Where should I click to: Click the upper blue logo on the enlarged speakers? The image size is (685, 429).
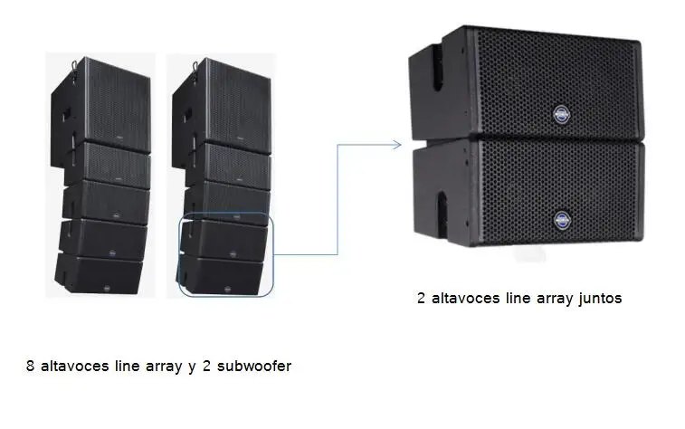(x=558, y=115)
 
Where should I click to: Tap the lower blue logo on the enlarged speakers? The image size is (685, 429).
(x=559, y=217)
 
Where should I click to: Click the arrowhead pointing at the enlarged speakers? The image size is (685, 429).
(x=396, y=143)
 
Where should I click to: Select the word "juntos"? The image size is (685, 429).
(x=594, y=299)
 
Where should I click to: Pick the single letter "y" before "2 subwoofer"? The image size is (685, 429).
(x=192, y=367)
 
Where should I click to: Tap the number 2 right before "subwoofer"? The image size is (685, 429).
(x=205, y=367)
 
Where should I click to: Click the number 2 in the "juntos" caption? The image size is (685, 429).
(x=422, y=299)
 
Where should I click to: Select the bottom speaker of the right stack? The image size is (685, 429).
(x=226, y=274)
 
